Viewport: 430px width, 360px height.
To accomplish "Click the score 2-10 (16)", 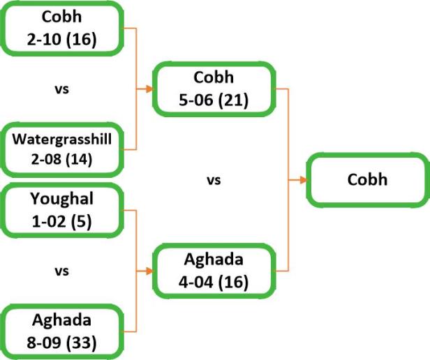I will click(x=62, y=37).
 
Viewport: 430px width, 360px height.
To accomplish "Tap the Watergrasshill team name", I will click(x=62, y=140).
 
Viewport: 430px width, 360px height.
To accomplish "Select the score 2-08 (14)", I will click(x=62, y=159).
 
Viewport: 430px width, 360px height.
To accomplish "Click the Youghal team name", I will click(x=62, y=199).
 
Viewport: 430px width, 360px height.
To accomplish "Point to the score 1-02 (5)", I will click(x=62, y=223).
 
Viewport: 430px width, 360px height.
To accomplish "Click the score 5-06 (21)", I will click(x=214, y=100).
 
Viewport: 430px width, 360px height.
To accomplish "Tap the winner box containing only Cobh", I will click(x=367, y=180).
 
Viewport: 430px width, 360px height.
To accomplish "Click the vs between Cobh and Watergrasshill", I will click(x=62, y=89).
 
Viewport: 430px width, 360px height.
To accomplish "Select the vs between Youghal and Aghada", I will click(x=62, y=271).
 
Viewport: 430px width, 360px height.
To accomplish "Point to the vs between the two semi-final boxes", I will click(x=214, y=180).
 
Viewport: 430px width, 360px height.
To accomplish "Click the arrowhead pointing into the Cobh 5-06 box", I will click(x=150, y=89).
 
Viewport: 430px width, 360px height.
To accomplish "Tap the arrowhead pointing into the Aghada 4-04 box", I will click(x=150, y=271).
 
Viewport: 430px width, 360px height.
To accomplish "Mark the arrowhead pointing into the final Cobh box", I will click(x=304, y=180).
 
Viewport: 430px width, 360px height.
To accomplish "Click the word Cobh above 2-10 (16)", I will click(x=62, y=15).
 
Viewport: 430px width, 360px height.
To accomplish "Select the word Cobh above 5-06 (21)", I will click(x=214, y=77).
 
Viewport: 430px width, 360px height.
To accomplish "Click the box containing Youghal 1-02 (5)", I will click(x=62, y=211).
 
